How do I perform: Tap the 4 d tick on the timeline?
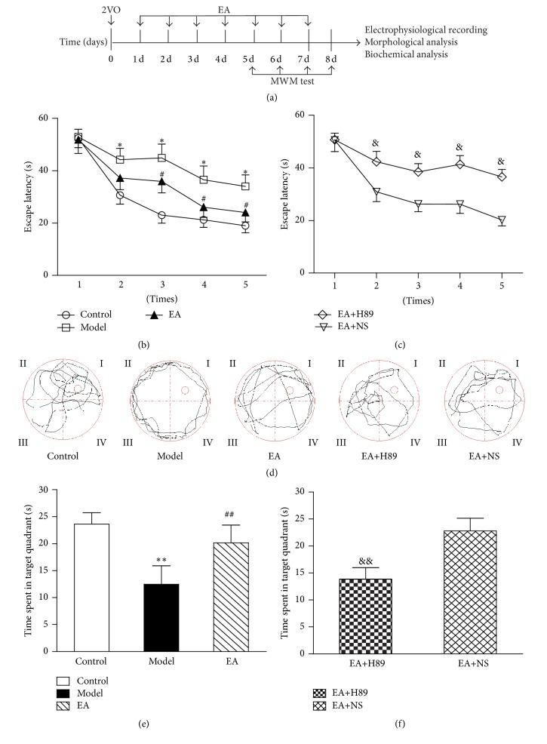(224, 59)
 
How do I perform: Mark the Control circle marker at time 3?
(161, 215)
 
